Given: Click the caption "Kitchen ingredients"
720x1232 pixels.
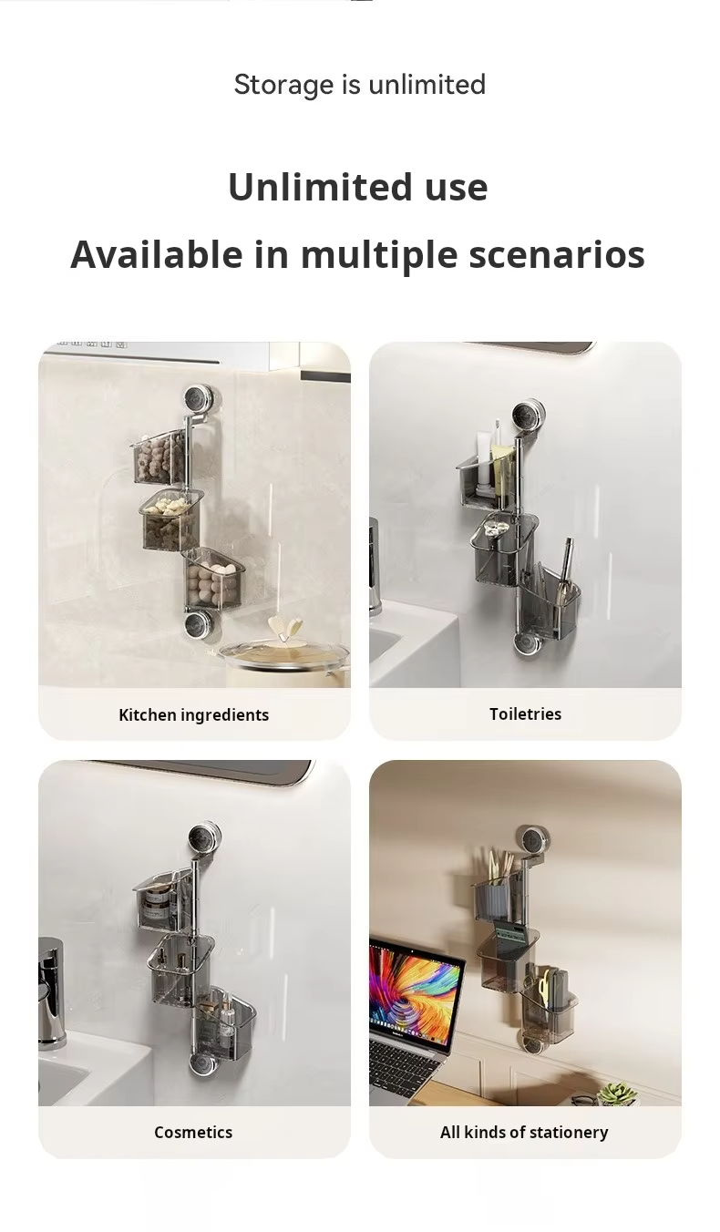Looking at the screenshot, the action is coord(193,714).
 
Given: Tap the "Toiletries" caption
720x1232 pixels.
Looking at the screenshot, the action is coord(525,714).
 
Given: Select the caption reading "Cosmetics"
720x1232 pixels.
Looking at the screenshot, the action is coord(193,1132).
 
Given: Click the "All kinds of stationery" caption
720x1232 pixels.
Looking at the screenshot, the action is coord(524,1132).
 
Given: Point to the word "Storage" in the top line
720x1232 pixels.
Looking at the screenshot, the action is coord(283,85).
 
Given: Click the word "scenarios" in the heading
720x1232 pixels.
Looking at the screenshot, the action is coord(557,254).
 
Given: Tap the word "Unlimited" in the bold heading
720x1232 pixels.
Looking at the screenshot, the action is coord(320,187).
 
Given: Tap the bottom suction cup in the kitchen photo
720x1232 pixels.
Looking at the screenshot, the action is coord(196,624).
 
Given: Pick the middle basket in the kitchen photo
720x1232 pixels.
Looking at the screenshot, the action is coord(171,521).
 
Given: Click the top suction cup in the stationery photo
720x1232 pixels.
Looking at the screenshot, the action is coord(532,841).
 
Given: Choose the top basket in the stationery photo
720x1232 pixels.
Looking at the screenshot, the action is coord(498,901).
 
